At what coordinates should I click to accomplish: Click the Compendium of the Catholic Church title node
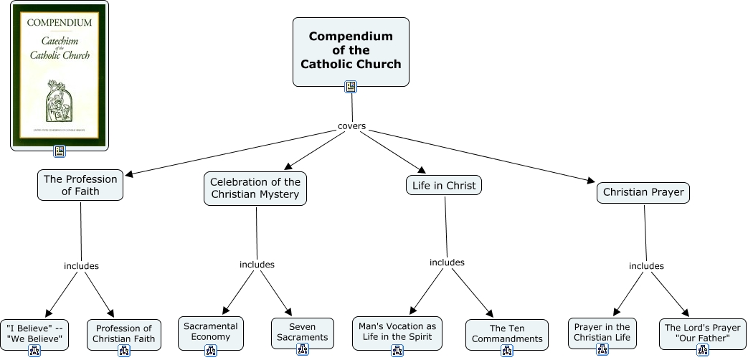(351, 50)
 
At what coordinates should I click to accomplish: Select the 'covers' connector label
(351, 126)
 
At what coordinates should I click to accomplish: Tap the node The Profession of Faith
(80, 185)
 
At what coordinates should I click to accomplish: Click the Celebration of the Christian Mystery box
(255, 188)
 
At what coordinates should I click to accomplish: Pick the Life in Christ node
(444, 186)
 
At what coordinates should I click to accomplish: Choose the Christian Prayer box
(643, 192)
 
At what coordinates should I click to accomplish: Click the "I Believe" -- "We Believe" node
(34, 333)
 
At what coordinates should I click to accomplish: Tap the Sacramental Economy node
(211, 331)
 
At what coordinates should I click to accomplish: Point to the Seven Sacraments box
(303, 332)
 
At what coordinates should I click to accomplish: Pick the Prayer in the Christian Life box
(602, 332)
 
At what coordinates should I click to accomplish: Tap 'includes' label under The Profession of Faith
(81, 266)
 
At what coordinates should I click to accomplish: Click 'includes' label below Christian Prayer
(646, 266)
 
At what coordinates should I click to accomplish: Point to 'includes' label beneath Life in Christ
(447, 262)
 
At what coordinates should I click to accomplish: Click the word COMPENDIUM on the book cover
(60, 22)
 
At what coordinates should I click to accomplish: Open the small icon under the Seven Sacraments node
(303, 349)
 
